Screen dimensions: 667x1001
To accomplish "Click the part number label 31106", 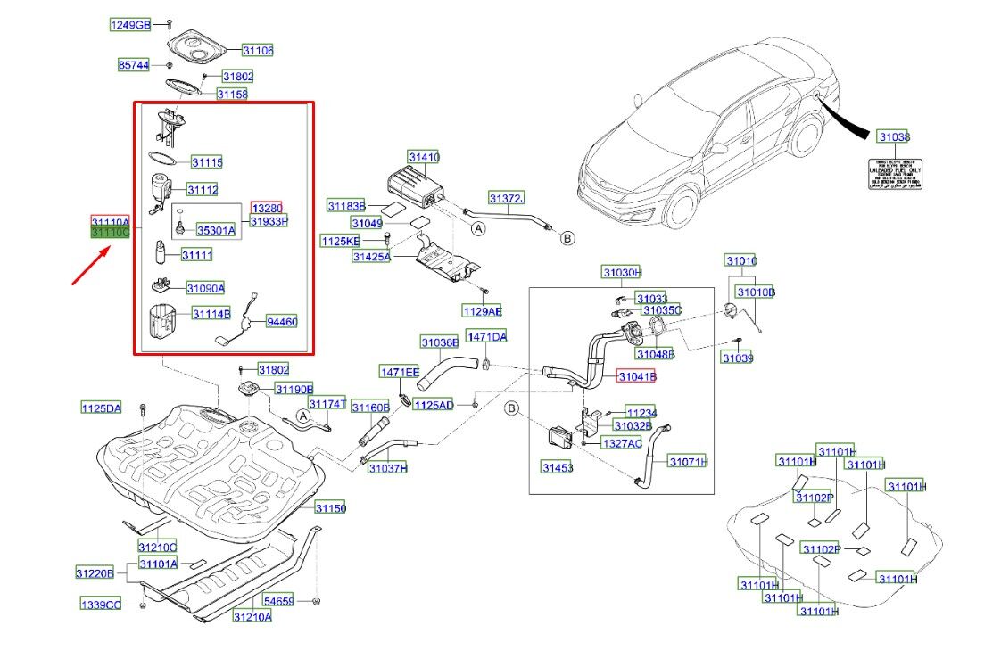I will coord(258,51).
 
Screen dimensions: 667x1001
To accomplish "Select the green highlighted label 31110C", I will coord(111,232).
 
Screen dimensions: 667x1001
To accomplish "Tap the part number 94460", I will coord(282,322).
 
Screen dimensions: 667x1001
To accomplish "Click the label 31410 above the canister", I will coord(424,158).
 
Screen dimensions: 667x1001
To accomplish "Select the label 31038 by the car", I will coord(893,136).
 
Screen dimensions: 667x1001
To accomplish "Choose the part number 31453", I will coord(558,467).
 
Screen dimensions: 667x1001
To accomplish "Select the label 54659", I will coord(277,602).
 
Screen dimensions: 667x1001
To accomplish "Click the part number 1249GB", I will coord(131,25).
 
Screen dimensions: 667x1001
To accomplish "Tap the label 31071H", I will coord(688,462).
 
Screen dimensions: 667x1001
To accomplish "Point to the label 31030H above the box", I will coord(622,272).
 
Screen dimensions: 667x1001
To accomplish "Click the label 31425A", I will coord(372,257).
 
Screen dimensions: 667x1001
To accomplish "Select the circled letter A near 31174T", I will coord(302,416).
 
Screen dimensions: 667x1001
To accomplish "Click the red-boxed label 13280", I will coord(266,208).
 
